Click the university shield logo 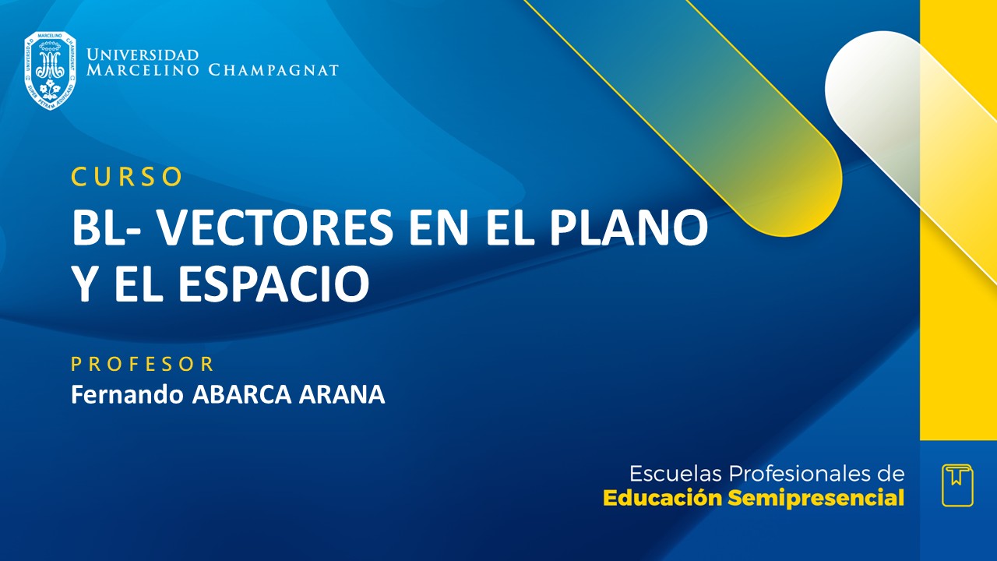[50, 70]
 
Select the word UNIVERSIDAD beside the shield [143, 55]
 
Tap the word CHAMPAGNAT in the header [273, 71]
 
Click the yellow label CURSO [127, 178]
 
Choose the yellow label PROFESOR [143, 364]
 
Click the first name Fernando [128, 394]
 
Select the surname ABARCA [241, 394]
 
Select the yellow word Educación [663, 499]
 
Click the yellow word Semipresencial [816, 499]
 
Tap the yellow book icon [957, 485]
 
